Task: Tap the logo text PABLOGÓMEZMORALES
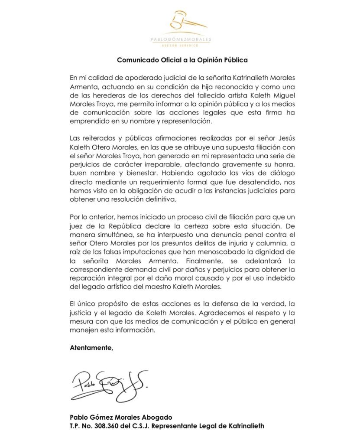180,39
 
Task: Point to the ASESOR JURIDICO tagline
180,45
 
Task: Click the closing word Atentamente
91,347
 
